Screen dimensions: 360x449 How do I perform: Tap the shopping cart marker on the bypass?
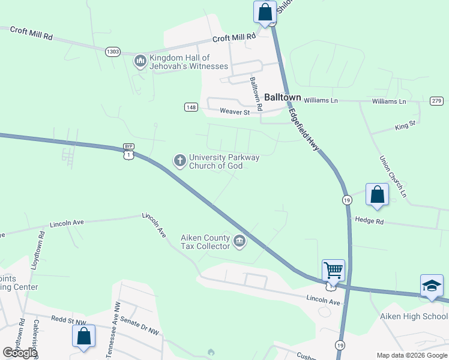tap(333, 270)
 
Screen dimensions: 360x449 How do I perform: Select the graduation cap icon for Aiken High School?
tap(432, 286)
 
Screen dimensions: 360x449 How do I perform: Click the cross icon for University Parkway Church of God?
tap(179, 160)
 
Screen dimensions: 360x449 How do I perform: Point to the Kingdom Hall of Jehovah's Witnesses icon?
tap(140, 61)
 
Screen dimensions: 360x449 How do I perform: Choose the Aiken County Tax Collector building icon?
tap(240, 242)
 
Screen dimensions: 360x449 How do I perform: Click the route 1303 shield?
tap(112, 52)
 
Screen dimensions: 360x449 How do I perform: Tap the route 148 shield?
tap(191, 107)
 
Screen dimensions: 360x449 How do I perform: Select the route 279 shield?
tap(436, 101)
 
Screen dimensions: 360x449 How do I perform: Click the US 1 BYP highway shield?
tap(128, 152)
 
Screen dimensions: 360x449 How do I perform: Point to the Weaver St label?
tap(234, 112)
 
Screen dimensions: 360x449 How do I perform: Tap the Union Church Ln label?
tap(393, 177)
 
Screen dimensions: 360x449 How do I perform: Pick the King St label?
tap(405, 125)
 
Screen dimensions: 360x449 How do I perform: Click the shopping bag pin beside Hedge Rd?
tap(377, 195)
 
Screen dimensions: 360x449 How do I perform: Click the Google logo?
tap(20, 353)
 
